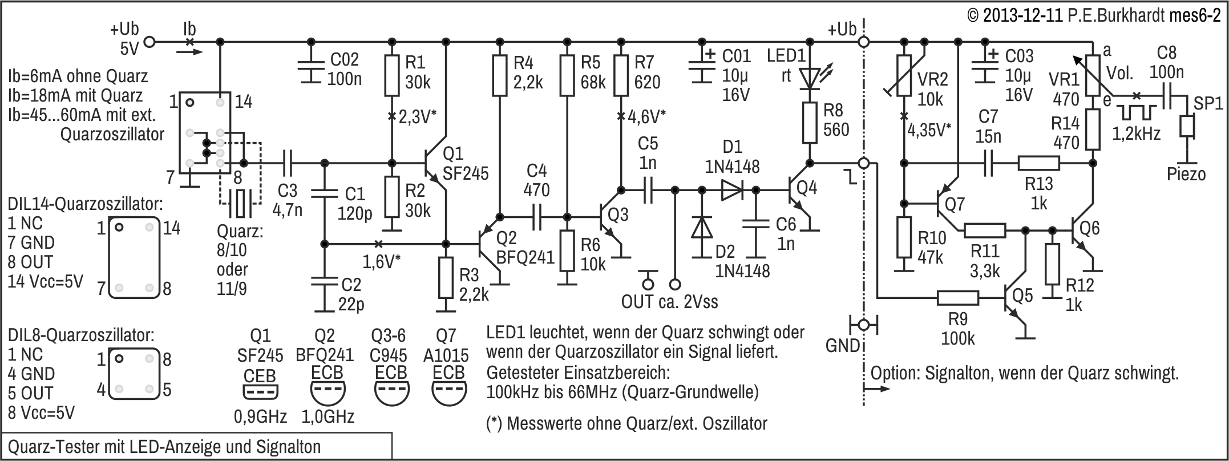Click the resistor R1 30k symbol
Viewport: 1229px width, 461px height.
(391, 75)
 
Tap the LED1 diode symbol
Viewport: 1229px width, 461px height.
(809, 77)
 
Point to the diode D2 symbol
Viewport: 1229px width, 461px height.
(702, 227)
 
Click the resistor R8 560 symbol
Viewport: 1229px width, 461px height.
(809, 123)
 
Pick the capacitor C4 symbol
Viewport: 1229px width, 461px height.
(536, 217)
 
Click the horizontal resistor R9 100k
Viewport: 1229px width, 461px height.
(959, 298)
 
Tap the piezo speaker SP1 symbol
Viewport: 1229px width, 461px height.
(1187, 127)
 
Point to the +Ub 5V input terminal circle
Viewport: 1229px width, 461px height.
(149, 41)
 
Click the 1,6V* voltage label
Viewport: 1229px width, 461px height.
(382, 261)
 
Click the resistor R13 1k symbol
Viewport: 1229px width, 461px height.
(1039, 164)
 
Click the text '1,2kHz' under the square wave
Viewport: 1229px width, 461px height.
(1137, 134)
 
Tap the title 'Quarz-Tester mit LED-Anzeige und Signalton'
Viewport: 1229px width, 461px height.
(164, 446)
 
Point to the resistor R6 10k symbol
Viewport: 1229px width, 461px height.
(567, 250)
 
